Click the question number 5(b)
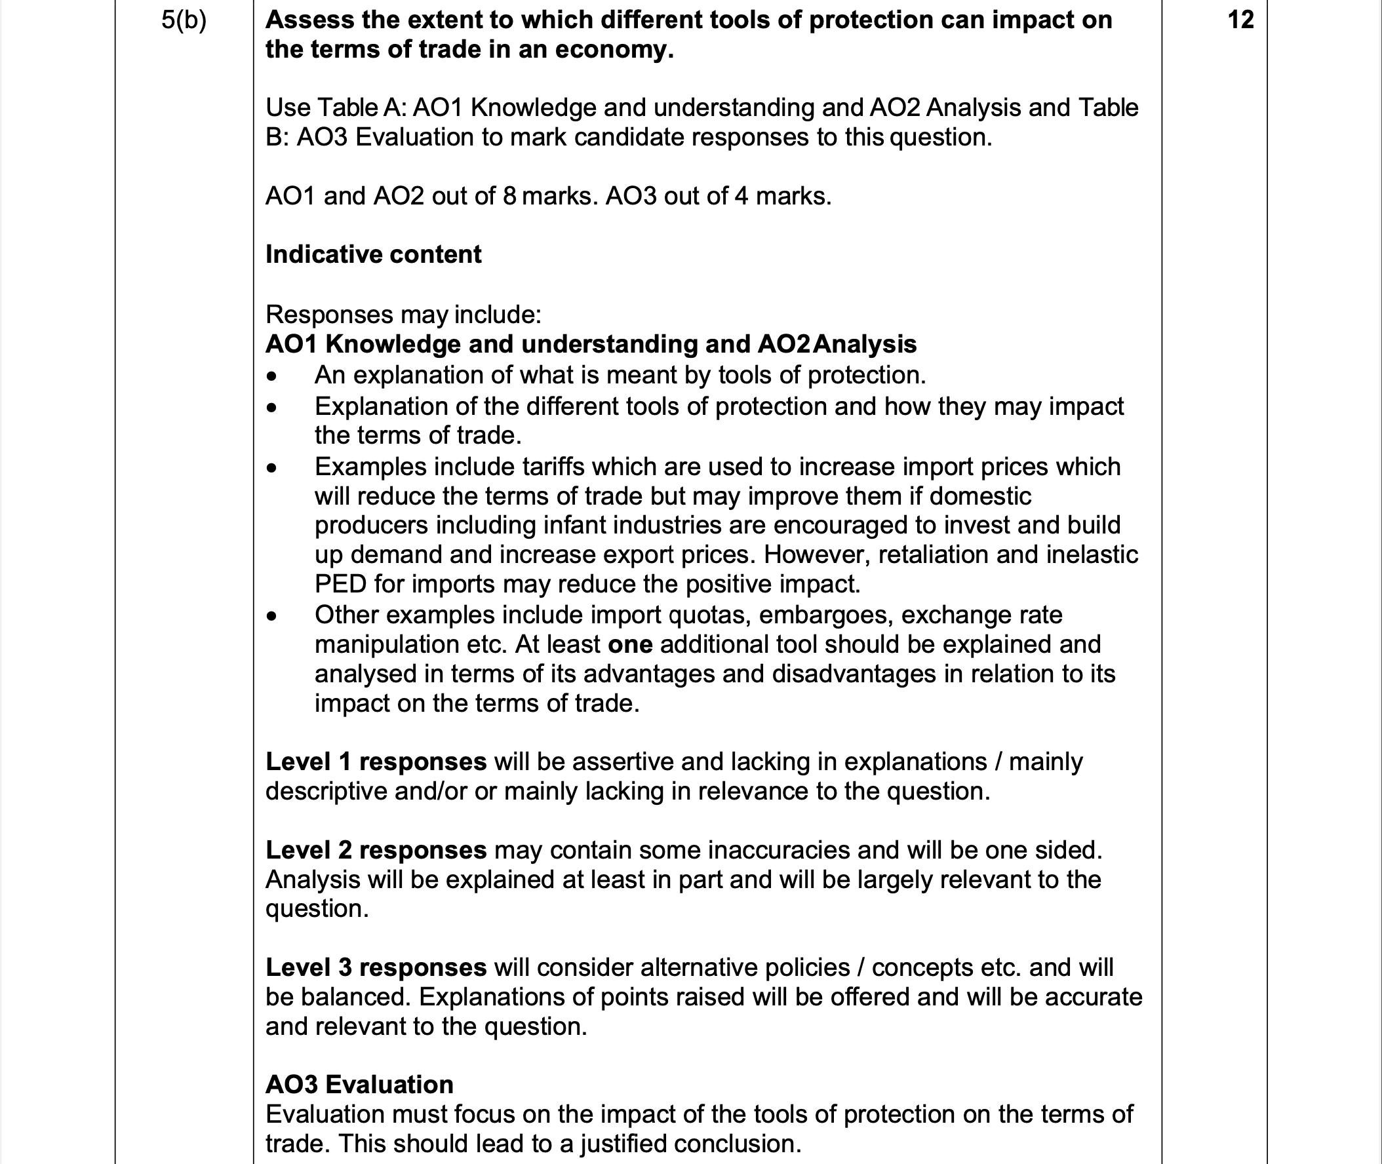click(184, 20)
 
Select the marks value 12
click(1241, 20)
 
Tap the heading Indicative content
click(373, 255)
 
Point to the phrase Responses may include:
click(403, 315)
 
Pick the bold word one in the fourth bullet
click(629, 645)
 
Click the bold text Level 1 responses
click(376, 762)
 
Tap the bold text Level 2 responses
click(376, 851)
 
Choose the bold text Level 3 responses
click(376, 968)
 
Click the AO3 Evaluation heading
click(359, 1085)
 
